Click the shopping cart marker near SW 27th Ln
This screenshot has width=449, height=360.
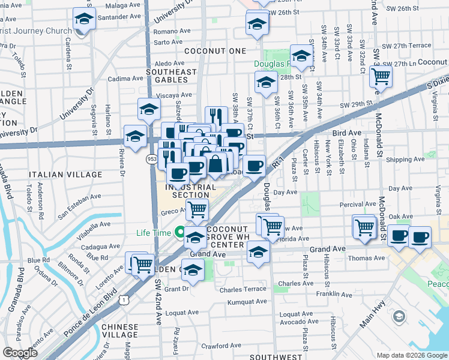click(381, 77)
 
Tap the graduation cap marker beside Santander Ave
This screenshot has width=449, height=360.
click(85, 19)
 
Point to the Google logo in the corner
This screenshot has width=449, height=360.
click(19, 353)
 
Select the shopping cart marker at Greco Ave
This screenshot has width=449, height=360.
click(196, 210)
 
